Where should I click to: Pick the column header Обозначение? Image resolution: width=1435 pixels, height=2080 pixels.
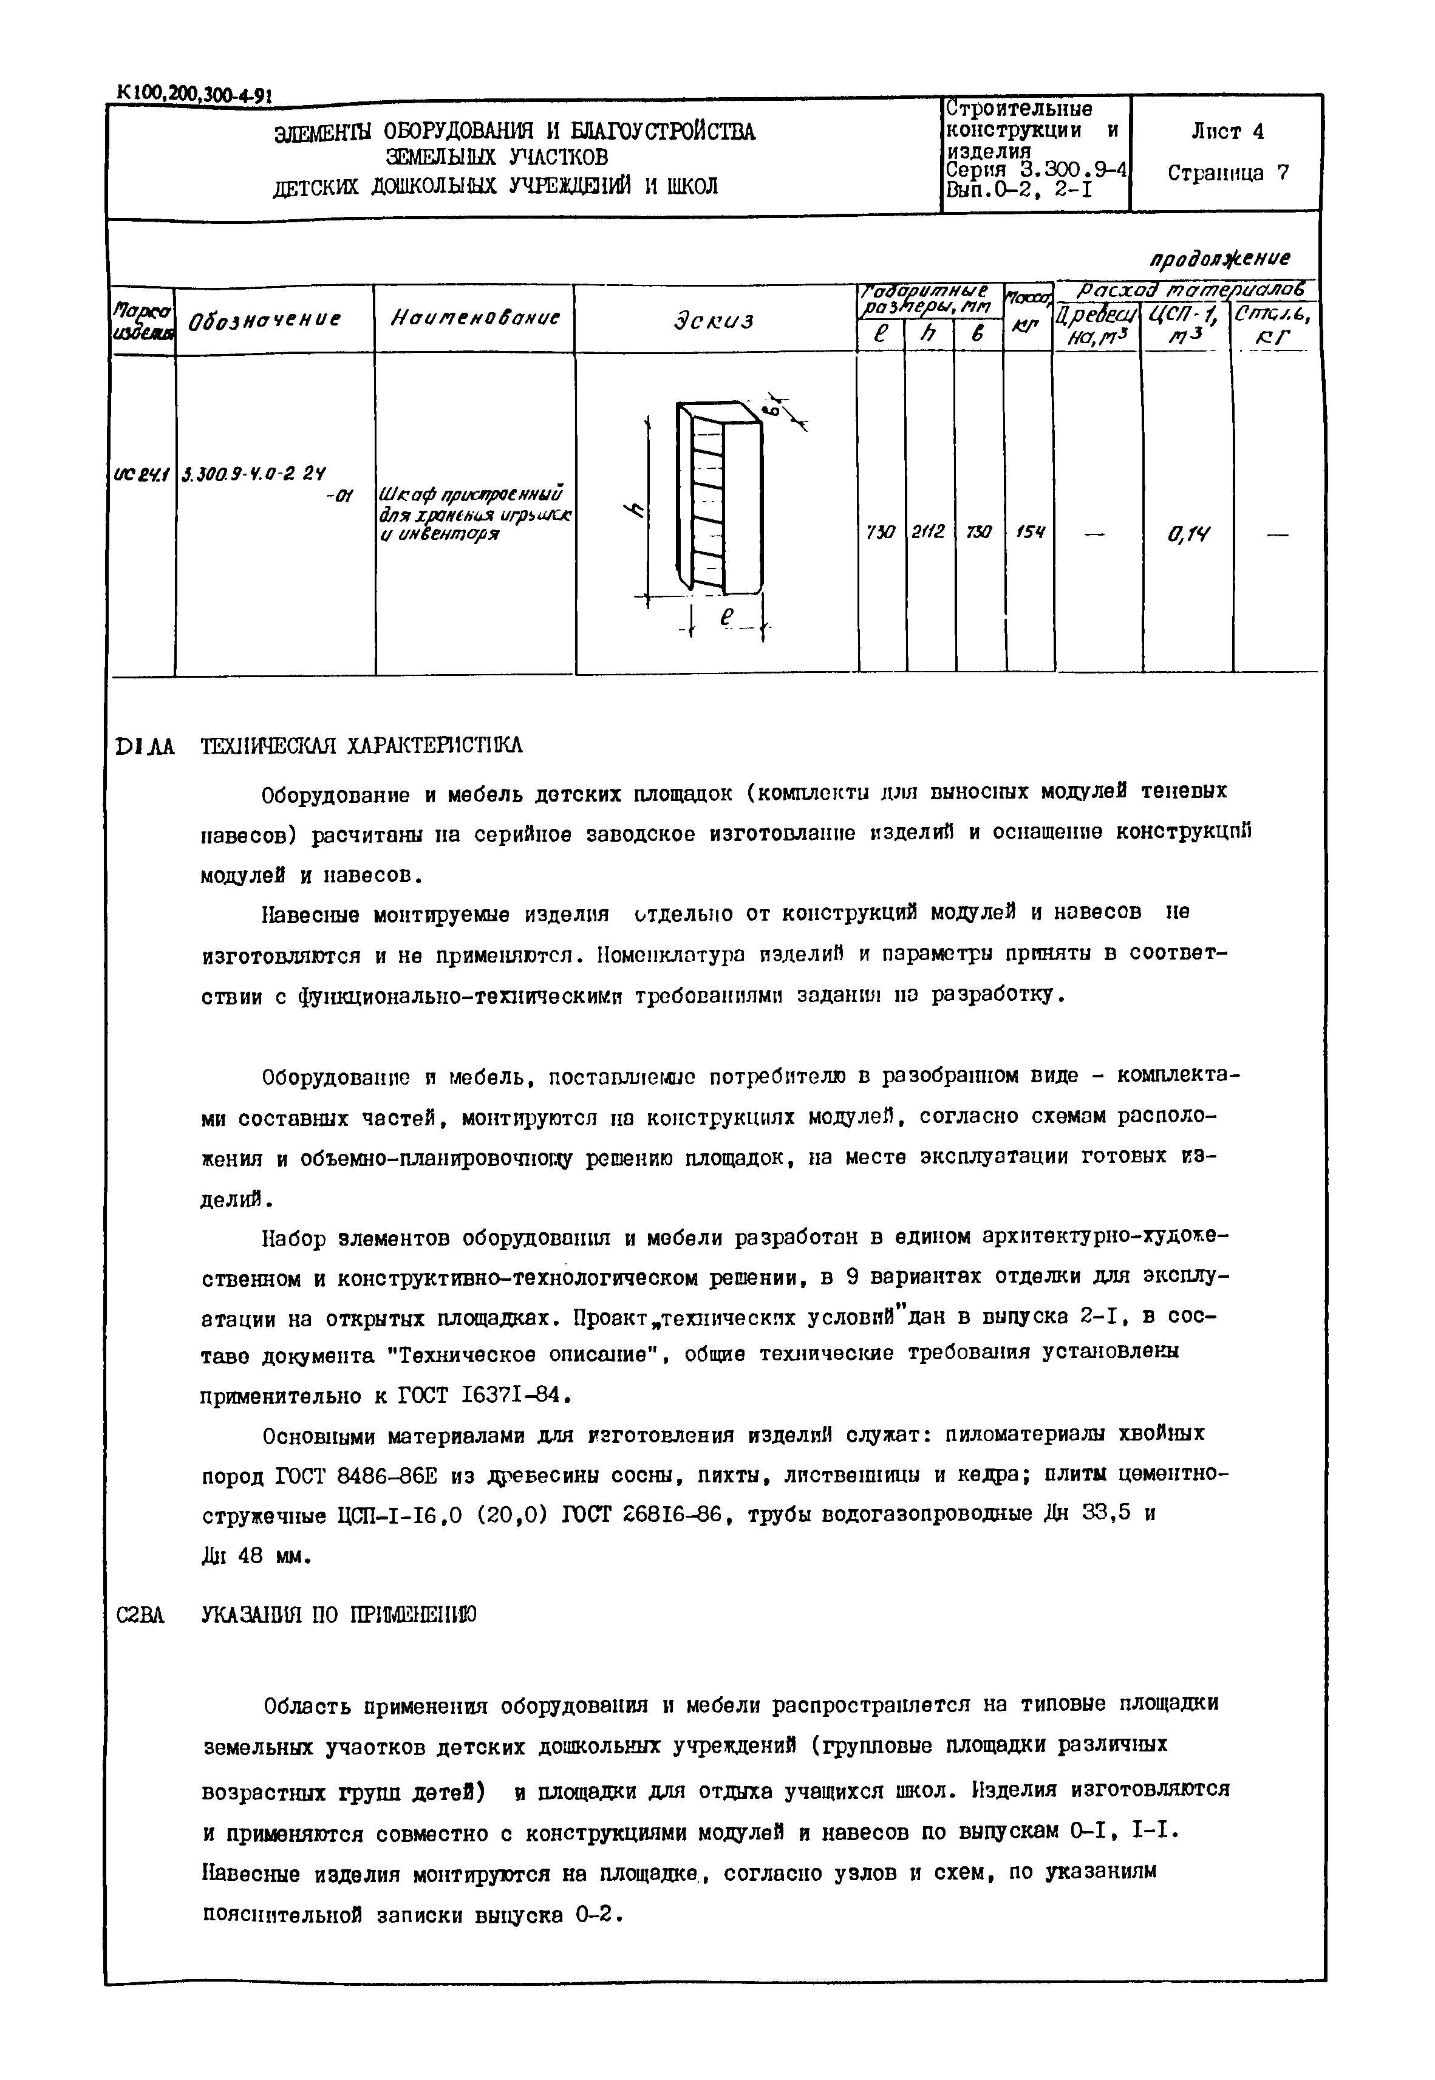262,320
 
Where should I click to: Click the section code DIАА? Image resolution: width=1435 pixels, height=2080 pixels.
145,747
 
